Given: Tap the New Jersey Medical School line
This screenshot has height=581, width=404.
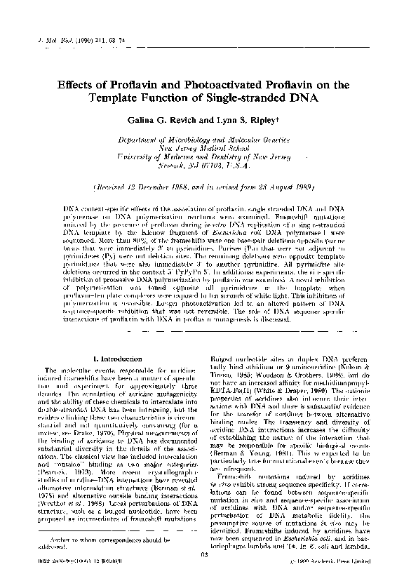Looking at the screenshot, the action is click(x=194, y=149).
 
